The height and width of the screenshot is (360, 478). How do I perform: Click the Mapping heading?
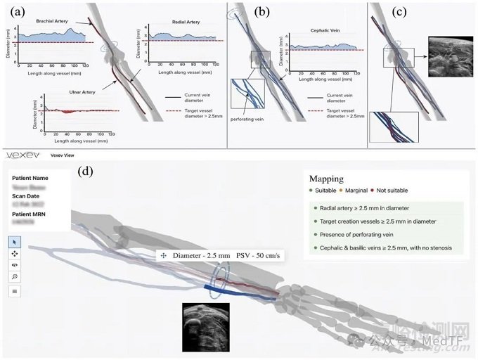326,179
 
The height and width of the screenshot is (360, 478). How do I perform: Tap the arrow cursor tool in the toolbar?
15,242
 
